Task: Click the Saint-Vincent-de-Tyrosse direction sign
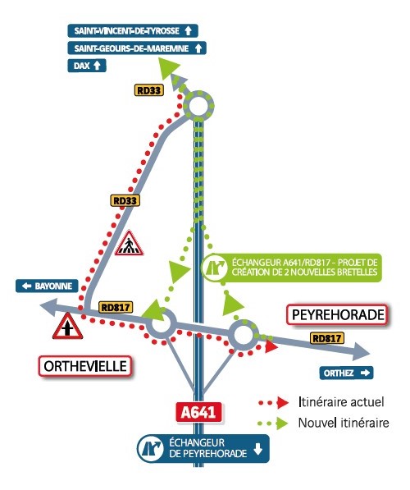[x=133, y=31]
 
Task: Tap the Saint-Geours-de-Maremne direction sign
[x=137, y=48]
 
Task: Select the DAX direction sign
[x=87, y=66]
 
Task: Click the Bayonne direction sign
[x=48, y=286]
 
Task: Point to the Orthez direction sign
[x=346, y=373]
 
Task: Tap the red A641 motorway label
[x=198, y=412]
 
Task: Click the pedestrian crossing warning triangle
[x=130, y=243]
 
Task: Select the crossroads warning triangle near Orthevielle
[x=67, y=326]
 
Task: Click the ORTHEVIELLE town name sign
[x=85, y=366]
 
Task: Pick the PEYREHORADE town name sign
[x=338, y=314]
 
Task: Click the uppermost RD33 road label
[x=149, y=90]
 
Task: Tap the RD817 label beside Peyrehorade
[x=327, y=338]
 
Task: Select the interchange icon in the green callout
[x=214, y=268]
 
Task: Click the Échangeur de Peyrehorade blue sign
[x=203, y=448]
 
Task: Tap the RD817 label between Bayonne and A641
[x=116, y=307]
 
